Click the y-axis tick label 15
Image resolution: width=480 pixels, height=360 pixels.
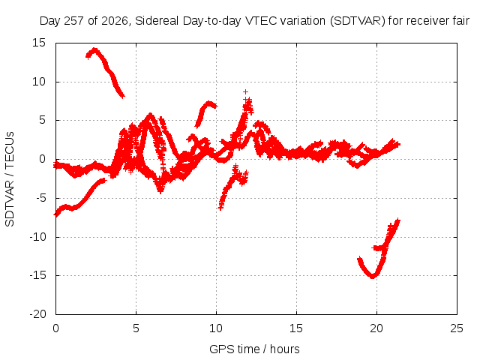(39, 43)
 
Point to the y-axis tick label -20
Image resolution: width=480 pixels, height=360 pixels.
(37, 314)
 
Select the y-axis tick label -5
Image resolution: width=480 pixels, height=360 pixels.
(40, 198)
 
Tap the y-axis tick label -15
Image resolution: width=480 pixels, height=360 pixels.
(37, 275)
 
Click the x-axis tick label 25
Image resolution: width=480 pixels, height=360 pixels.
(457, 328)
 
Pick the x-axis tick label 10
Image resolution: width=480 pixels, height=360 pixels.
(216, 328)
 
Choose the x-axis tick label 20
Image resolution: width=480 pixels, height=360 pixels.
(376, 328)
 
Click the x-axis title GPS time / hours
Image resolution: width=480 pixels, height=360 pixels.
(254, 349)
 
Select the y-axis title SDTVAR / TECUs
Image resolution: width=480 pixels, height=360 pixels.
(10, 179)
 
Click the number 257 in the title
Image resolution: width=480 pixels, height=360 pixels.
(74, 21)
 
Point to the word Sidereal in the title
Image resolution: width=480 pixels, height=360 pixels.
(157, 21)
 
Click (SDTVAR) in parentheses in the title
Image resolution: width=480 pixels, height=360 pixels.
(358, 21)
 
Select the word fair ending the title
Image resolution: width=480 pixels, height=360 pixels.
(460, 21)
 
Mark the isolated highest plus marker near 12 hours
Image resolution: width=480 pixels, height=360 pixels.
(245, 91)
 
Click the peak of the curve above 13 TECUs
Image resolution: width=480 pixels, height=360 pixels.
(94, 49)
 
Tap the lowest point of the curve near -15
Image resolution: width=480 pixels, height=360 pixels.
(373, 277)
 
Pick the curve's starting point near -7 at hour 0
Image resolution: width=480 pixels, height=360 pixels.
(55, 215)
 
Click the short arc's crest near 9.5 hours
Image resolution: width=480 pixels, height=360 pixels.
(209, 103)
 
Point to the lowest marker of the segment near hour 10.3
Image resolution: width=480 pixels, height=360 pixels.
(220, 208)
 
